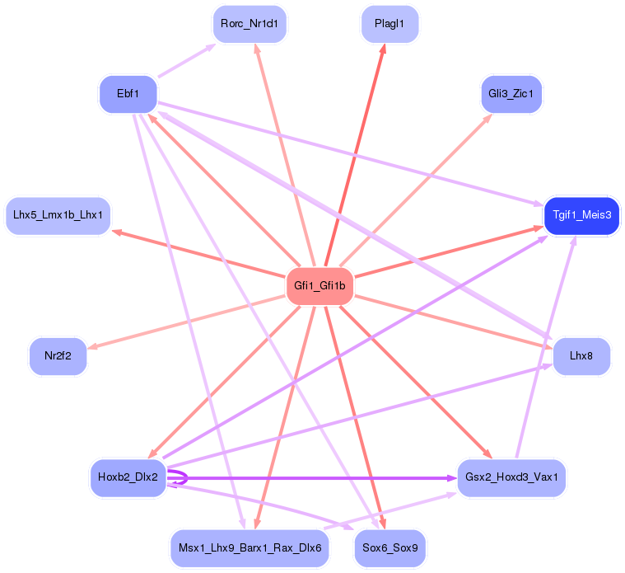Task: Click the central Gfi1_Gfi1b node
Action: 319,287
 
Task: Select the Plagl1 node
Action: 389,24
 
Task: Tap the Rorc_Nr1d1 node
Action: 250,24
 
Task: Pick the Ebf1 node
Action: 128,94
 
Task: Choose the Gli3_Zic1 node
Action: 511,94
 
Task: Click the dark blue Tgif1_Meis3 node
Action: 581,215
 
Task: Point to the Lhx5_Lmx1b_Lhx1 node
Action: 58,215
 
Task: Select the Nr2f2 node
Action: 58,356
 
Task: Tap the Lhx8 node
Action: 581,356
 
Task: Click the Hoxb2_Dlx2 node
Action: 128,477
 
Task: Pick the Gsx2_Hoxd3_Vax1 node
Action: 511,477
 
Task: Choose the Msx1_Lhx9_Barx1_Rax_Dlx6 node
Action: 250,547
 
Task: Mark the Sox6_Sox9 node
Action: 389,547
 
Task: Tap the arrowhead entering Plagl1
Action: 383,49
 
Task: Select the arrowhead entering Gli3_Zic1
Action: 487,117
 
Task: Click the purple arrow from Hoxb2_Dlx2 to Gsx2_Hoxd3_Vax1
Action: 313,477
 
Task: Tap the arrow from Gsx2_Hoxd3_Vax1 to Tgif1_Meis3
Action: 544,346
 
